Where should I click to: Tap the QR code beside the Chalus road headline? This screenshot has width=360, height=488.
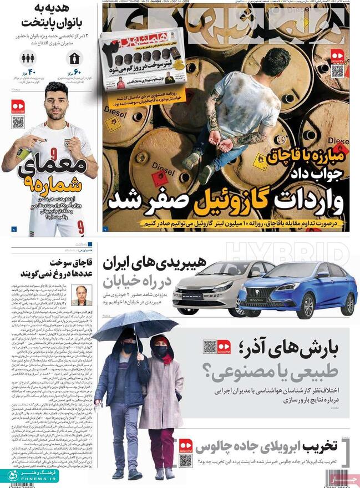tap(186, 460)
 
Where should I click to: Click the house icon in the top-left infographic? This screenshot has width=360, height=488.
tap(74, 58)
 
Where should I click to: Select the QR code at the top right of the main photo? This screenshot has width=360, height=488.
tap(337, 71)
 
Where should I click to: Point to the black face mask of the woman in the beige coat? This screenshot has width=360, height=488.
tap(161, 351)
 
